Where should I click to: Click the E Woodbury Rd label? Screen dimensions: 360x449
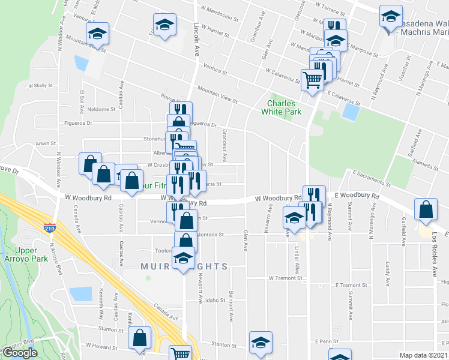click(358, 196)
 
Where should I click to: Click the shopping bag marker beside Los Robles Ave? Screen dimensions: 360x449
click(425, 210)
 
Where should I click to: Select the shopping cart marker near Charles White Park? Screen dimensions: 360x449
click(312, 79)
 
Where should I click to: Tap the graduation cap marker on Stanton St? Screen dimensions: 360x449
click(260, 343)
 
